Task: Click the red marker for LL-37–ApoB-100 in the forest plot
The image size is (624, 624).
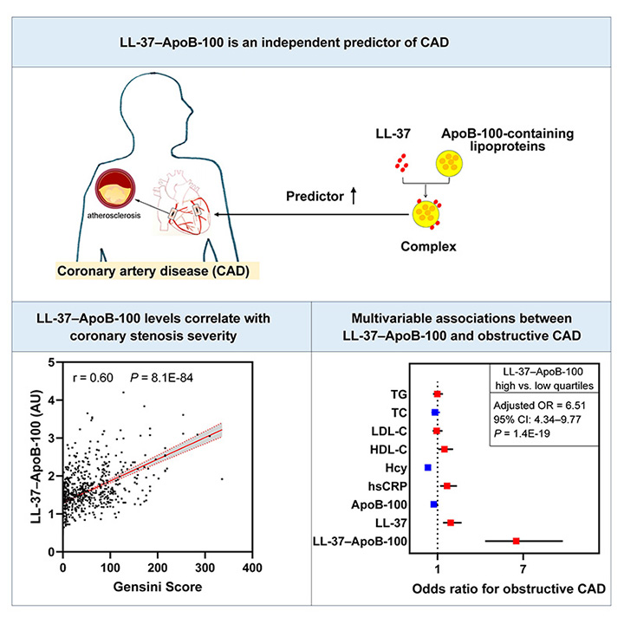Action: point(517,541)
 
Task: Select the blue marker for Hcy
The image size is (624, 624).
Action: point(428,468)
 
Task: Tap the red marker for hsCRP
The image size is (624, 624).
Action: point(447,486)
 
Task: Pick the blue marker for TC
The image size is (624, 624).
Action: point(435,413)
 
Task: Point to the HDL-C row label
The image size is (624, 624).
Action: point(389,450)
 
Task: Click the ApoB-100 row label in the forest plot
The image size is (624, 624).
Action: point(380,504)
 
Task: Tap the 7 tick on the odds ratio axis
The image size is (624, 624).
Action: point(523,569)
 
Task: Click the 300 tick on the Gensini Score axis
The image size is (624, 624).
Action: point(205,568)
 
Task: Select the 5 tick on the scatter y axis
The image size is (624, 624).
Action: point(51,362)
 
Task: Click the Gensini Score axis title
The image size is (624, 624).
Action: point(158,587)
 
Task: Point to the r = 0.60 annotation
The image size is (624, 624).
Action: point(93,377)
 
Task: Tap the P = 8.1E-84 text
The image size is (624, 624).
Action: point(161,377)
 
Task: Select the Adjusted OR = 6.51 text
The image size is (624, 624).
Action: point(540,406)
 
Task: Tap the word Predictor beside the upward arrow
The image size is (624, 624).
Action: point(315,196)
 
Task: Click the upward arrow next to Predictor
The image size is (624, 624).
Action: point(354,196)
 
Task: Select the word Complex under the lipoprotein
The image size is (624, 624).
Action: point(428,246)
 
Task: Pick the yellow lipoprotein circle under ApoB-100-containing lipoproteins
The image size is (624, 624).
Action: point(449,163)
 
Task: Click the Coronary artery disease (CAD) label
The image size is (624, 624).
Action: point(153,271)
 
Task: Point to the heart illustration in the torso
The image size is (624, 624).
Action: point(184,201)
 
